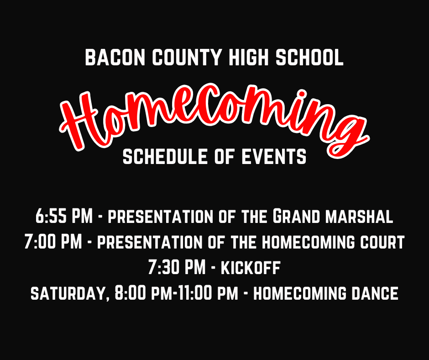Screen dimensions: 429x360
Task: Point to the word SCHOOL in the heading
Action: pyautogui.click(x=309, y=57)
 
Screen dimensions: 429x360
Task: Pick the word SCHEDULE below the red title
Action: pyautogui.click(x=165, y=157)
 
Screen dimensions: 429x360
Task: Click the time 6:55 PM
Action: pyautogui.click(x=64, y=216)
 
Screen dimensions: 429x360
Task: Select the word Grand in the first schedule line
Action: pyautogui.click(x=296, y=216)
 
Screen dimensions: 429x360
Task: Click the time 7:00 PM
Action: pyautogui.click(x=53, y=242)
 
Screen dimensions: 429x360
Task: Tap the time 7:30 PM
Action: pyautogui.click(x=177, y=267)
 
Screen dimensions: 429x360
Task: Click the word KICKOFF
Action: pyautogui.click(x=251, y=267)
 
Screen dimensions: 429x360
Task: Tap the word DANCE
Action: pyautogui.click(x=375, y=293)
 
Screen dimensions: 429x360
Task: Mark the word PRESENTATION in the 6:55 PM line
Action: pyautogui.click(x=160, y=217)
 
